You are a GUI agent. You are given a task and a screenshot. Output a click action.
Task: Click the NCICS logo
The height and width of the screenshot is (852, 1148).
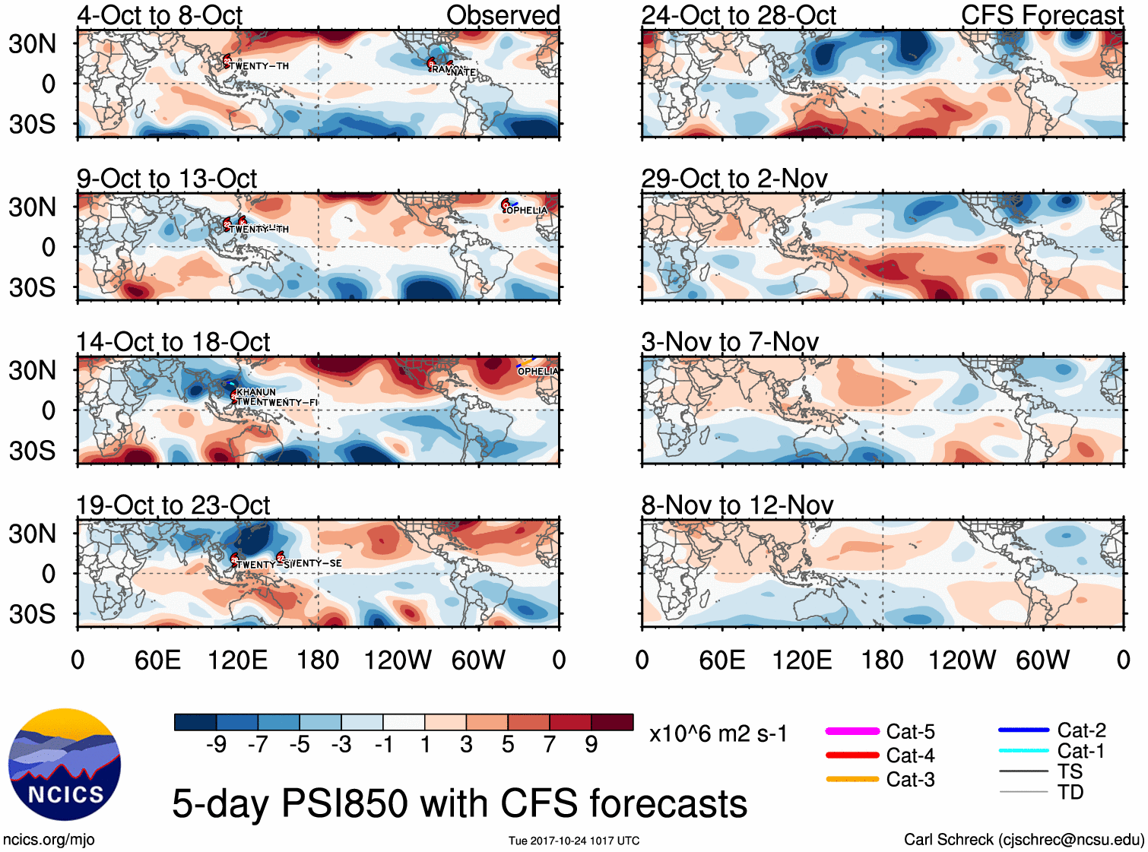[65, 765]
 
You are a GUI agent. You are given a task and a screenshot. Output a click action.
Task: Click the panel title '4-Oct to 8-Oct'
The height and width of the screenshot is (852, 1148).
[160, 15]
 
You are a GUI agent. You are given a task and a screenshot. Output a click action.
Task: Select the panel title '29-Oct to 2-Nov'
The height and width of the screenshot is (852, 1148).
[734, 179]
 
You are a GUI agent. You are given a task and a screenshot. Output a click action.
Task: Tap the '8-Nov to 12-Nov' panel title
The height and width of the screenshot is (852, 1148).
[737, 505]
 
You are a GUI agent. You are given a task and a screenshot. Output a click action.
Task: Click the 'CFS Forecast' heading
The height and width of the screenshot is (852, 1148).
[1042, 15]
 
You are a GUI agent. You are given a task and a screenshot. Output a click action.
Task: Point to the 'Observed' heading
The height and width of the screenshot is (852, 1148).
[503, 15]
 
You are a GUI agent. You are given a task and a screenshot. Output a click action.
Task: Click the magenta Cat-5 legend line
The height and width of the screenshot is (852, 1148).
[852, 731]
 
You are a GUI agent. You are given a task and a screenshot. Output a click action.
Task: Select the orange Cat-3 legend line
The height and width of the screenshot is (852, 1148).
[852, 779]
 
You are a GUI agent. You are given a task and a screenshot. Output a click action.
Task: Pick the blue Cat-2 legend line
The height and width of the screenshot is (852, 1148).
[1023, 730]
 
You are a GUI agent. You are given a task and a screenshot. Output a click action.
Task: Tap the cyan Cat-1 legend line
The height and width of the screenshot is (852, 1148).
[1023, 751]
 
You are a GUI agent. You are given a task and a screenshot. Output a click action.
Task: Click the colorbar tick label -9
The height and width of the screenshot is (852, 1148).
[217, 745]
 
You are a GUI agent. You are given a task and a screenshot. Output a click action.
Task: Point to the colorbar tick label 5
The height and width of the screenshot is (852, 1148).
[508, 745]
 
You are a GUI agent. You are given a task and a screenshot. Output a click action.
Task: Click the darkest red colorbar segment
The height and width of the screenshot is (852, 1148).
[612, 722]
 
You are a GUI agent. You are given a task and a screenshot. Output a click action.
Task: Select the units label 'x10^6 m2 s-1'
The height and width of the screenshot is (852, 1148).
[718, 734]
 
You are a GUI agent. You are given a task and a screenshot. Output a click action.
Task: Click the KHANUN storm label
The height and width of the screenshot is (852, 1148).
[256, 392]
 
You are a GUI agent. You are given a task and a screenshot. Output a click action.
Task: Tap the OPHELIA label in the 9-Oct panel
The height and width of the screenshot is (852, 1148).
[527, 211]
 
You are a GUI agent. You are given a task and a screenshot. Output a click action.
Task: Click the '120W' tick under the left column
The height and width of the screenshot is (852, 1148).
[398, 660]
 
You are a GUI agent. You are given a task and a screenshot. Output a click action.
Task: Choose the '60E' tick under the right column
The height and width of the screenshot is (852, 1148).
[721, 660]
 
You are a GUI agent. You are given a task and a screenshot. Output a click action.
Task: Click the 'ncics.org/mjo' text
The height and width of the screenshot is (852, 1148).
[49, 840]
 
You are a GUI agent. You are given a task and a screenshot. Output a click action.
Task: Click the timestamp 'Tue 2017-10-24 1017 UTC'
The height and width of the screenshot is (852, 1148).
[574, 841]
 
